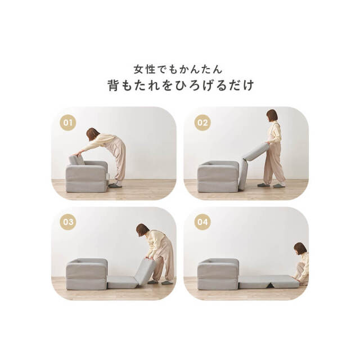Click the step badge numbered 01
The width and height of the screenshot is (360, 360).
(x=67, y=121)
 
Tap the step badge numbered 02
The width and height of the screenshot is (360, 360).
(x=202, y=121)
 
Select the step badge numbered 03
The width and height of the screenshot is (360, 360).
(x=67, y=221)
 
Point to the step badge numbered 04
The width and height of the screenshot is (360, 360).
(x=202, y=221)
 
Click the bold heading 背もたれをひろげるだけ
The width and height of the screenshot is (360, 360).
(x=181, y=86)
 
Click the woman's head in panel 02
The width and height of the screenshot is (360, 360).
(x=272, y=116)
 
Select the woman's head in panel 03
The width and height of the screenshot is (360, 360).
(x=142, y=230)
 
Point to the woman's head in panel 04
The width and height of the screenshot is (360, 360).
(x=300, y=249)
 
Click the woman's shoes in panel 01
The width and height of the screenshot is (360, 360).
(x=115, y=185)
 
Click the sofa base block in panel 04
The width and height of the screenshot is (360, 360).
(x=218, y=274)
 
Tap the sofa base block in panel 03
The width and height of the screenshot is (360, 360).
(x=87, y=274)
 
